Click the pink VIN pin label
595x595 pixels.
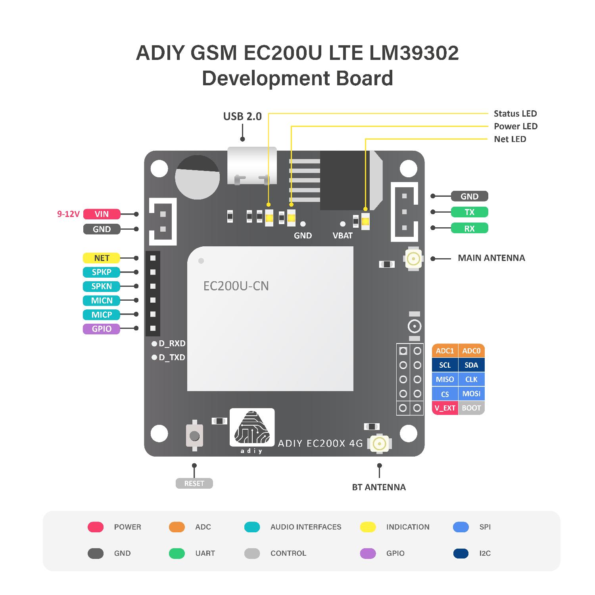[102, 214]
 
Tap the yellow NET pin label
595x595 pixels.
[102, 258]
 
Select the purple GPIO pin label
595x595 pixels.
[102, 329]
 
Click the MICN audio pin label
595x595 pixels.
[102, 301]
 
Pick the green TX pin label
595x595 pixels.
[469, 212]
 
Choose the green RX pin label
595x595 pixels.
[469, 228]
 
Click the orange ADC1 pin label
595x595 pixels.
[445, 351]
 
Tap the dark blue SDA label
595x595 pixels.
[471, 365]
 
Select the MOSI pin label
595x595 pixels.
[471, 394]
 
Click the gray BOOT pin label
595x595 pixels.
[471, 408]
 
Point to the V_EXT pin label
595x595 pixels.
[445, 408]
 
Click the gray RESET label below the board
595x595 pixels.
[194, 484]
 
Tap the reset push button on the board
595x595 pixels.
[194, 436]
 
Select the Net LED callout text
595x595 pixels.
[510, 139]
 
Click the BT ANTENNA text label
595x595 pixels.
[379, 488]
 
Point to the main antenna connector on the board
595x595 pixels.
[413, 259]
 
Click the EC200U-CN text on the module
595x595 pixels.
[236, 286]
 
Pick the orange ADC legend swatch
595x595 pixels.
[177, 527]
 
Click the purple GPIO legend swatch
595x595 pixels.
[368, 553]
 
